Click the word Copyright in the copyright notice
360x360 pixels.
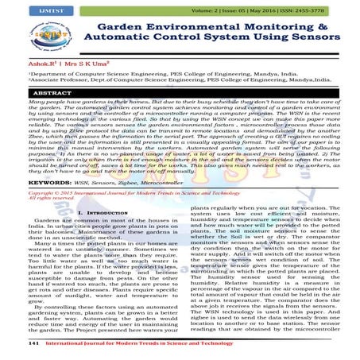[19, 192]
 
